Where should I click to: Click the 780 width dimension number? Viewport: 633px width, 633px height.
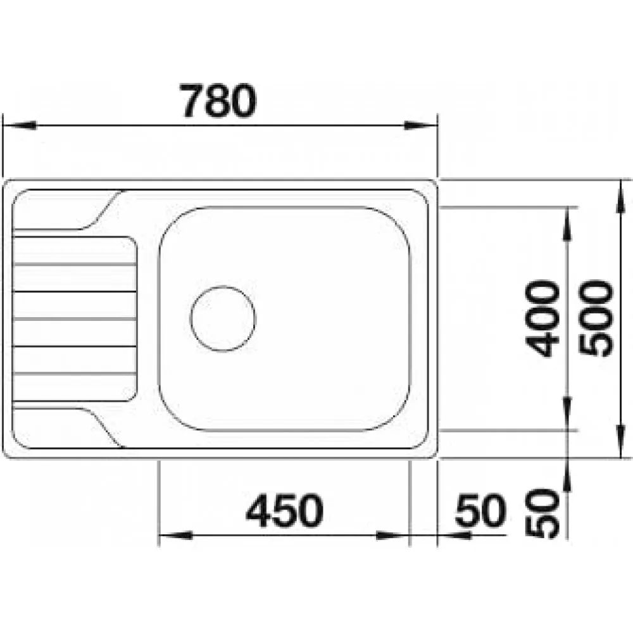218,101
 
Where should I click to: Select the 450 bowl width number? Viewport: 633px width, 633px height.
285,510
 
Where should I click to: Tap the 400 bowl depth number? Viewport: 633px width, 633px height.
542,319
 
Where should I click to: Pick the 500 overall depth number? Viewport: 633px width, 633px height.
596,319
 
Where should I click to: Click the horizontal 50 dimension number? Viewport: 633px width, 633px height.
480,510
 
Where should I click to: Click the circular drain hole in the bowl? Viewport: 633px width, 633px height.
222,318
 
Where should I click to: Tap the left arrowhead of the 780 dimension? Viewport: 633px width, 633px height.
20,125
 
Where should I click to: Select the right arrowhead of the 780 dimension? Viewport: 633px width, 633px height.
421,125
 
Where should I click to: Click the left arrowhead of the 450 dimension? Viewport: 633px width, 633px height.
175,536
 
